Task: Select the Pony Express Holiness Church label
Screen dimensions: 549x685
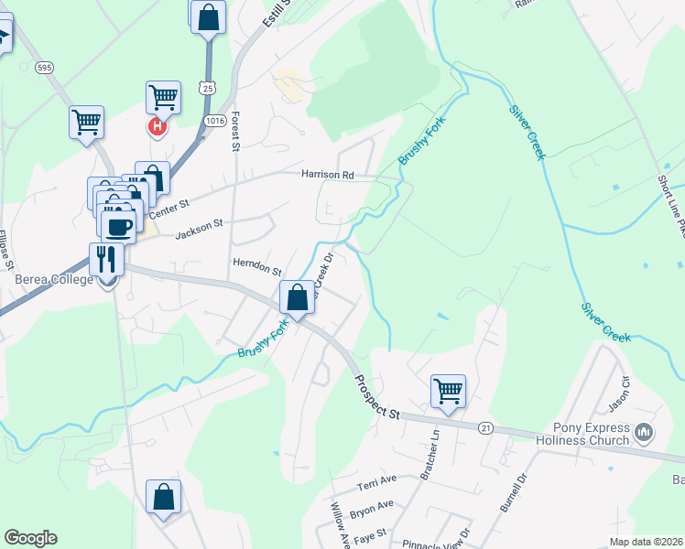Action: pyautogui.click(x=592, y=434)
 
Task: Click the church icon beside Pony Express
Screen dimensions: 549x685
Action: pyautogui.click(x=644, y=431)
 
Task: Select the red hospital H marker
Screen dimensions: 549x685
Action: pyautogui.click(x=157, y=126)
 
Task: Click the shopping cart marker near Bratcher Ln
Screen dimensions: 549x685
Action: pyautogui.click(x=449, y=391)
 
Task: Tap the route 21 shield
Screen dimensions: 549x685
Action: pyautogui.click(x=485, y=427)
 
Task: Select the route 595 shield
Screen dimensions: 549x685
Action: pyautogui.click(x=43, y=68)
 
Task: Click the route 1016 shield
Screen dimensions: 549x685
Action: pyautogui.click(x=215, y=120)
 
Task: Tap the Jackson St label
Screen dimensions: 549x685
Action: pyautogui.click(x=199, y=228)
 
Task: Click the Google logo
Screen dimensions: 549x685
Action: pyautogui.click(x=30, y=538)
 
